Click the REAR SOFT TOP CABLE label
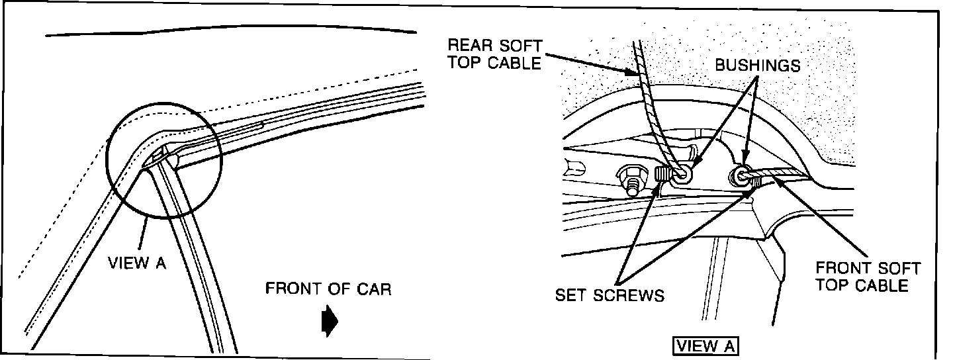(494, 54)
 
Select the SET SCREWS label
(610, 294)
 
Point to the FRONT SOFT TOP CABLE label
(868, 277)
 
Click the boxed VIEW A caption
(705, 345)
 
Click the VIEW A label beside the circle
(137, 263)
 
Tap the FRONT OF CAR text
(328, 289)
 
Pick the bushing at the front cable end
(740, 176)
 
